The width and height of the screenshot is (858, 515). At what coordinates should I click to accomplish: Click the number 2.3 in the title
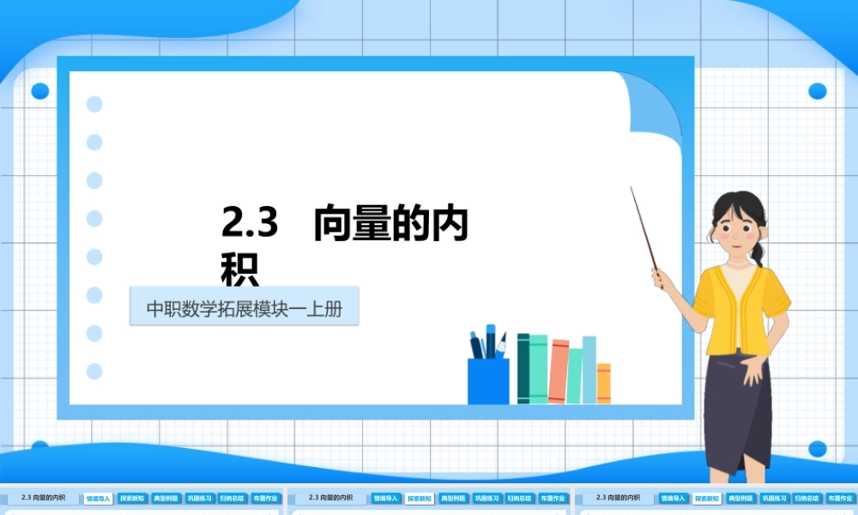(250, 223)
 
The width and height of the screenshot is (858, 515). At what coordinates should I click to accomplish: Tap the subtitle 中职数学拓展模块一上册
(245, 308)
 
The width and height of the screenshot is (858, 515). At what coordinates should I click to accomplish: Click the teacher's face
(735, 225)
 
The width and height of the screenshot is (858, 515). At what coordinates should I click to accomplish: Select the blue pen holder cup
(488, 380)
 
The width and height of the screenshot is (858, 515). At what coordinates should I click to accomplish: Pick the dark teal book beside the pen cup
(523, 368)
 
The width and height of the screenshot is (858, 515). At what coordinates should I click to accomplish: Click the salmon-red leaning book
(558, 372)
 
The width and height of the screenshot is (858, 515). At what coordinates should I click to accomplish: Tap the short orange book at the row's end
(603, 383)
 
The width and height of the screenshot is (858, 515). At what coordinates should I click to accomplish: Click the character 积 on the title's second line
(239, 268)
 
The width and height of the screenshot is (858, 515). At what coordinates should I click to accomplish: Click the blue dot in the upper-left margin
(40, 91)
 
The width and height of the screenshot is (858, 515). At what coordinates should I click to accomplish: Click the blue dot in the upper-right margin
(817, 91)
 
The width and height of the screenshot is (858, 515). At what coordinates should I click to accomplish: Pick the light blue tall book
(589, 369)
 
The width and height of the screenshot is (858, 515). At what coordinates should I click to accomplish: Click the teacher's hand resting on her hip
(752, 369)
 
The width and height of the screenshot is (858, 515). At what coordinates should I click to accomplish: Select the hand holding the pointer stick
(662, 277)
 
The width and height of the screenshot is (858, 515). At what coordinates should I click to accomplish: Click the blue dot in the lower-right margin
(817, 448)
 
